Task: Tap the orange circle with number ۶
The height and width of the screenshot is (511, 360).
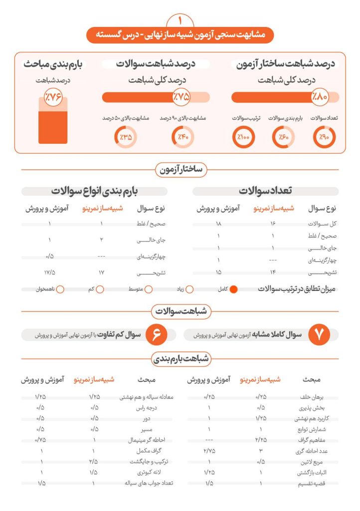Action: tap(156, 335)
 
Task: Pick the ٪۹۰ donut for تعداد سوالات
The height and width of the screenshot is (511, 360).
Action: tap(324, 137)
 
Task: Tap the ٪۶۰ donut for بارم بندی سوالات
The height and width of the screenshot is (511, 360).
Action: tap(284, 137)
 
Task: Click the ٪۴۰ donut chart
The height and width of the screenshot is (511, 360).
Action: tap(182, 137)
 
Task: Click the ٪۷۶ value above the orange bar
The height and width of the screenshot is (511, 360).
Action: tap(53, 97)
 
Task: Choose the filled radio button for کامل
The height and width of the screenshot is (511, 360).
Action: tap(234, 289)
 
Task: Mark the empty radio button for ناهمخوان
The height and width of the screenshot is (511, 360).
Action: tap(60, 289)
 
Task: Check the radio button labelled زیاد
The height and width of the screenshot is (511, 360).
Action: tap(189, 289)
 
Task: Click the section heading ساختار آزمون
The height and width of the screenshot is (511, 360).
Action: tap(180, 170)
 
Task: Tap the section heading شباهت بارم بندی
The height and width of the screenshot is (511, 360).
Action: tap(180, 358)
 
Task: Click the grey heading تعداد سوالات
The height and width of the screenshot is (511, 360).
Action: tap(265, 191)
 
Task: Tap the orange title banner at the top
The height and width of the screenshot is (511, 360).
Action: tap(180, 35)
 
